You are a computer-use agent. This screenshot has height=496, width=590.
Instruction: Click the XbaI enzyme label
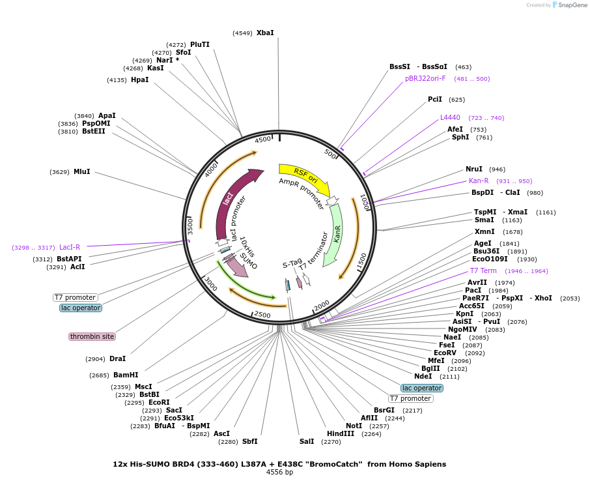265,33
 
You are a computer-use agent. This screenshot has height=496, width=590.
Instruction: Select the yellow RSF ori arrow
305,176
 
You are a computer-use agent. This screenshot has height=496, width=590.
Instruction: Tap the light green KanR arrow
335,234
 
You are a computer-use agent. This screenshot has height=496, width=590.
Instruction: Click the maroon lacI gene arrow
233,199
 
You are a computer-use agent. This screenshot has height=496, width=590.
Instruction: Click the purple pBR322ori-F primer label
425,78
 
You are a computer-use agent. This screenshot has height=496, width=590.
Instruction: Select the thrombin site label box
92,336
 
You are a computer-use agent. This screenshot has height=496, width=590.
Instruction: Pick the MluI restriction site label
81,171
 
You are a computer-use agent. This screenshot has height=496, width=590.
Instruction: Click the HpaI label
139,80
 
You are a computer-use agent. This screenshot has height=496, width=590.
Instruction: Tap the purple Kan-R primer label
479,181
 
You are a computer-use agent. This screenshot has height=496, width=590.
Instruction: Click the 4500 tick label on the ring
262,139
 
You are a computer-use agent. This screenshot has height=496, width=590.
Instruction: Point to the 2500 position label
262,314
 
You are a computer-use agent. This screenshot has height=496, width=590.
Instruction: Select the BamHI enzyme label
126,375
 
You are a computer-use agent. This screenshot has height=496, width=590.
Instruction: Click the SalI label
307,441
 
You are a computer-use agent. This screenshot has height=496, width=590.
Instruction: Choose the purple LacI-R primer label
70,248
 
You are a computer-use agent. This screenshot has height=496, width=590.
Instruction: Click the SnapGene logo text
572,5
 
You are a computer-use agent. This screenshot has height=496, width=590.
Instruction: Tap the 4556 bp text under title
279,472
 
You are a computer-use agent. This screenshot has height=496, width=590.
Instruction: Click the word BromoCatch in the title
337,464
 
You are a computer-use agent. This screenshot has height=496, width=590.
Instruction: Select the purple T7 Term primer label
483,270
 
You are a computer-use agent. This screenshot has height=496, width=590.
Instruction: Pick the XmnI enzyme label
485,231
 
